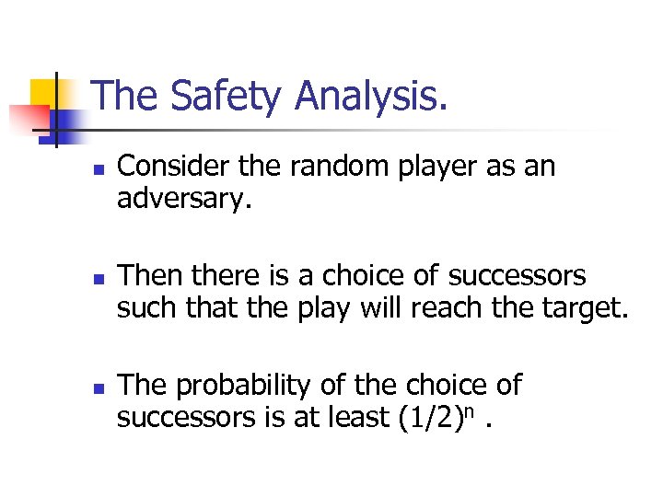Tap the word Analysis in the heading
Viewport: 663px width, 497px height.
point(374,97)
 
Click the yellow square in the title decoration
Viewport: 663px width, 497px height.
point(48,92)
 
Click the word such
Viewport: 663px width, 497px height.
point(147,308)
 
